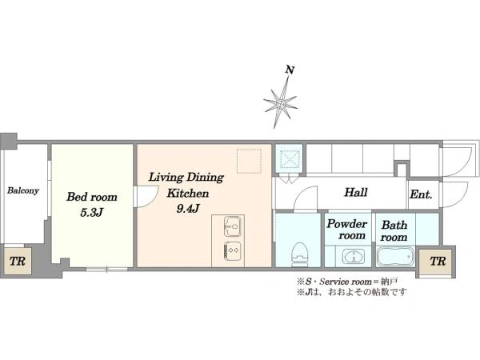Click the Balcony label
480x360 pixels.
pos(23,190)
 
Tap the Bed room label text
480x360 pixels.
pos(92,197)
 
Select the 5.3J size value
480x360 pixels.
pos(91,213)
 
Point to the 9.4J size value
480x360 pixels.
pos(188,209)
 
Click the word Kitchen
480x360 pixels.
pos(188,194)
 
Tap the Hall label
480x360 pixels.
pos(356,193)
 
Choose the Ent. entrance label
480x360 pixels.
pos(421,194)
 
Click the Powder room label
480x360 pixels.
pos(347,230)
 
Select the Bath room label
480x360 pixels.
pos(394,231)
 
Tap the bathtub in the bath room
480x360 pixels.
pos(395,257)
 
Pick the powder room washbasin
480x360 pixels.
pos(354,256)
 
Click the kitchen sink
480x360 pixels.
pos(232,226)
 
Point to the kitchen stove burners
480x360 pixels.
pos(232,250)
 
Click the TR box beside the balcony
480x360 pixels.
pos(17,261)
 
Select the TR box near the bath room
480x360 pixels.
pos(438,262)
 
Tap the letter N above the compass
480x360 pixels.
pos(290,70)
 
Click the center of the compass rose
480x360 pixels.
pos(280,104)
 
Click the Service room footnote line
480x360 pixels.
pos(347,281)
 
